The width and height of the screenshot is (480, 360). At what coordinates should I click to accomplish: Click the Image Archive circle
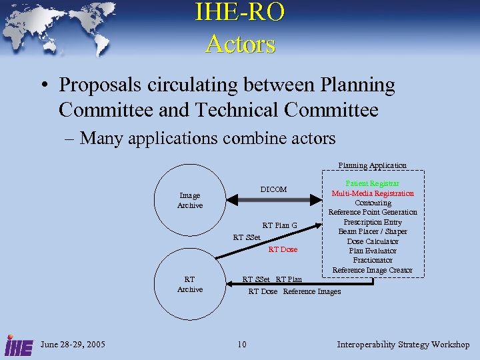[x=189, y=200]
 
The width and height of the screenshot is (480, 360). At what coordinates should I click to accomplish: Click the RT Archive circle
[x=189, y=285]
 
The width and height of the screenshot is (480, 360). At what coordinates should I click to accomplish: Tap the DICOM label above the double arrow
[x=273, y=190]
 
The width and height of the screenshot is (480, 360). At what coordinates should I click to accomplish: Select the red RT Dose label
[x=283, y=249]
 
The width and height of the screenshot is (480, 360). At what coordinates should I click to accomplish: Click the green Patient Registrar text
[x=372, y=183]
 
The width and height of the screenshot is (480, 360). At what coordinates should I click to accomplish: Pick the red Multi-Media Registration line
[x=373, y=193]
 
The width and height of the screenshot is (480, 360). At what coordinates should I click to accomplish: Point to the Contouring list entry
[x=373, y=203]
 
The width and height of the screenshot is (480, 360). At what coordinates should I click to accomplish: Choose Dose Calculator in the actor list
[x=373, y=241]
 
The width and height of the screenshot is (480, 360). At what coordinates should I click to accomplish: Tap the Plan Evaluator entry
[x=373, y=251]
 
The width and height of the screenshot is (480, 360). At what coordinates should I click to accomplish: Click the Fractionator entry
[x=373, y=260]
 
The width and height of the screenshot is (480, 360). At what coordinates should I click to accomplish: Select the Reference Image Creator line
[x=373, y=270]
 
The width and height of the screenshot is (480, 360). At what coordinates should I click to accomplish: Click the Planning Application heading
[x=372, y=165]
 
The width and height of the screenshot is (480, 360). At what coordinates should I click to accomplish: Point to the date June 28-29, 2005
[x=73, y=345]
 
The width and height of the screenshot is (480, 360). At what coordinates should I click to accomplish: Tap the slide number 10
[x=241, y=345]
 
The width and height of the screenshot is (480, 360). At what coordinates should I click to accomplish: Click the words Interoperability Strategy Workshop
[x=403, y=345]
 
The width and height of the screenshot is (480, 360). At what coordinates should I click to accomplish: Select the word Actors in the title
[x=240, y=44]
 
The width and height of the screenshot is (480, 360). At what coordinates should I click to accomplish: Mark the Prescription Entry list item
[x=373, y=222]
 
